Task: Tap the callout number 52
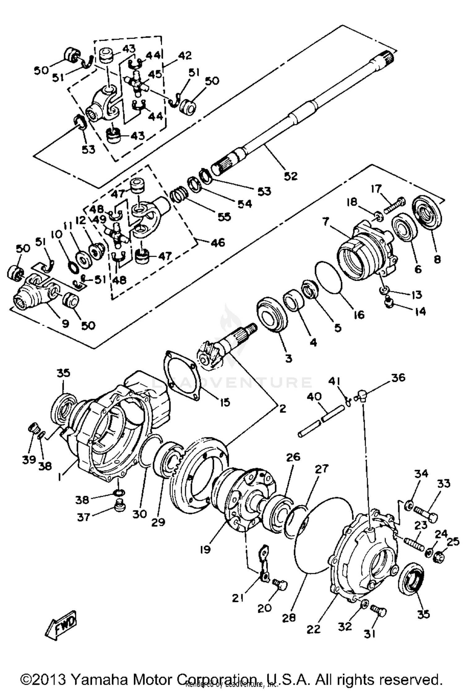290,176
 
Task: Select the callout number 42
185,55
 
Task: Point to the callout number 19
205,549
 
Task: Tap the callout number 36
398,377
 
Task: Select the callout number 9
65,324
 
